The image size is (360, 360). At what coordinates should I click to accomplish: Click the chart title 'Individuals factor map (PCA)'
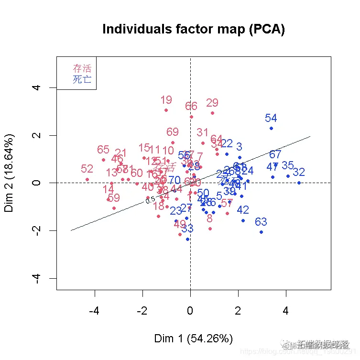(194, 30)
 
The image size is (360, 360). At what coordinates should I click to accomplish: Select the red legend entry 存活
(82, 68)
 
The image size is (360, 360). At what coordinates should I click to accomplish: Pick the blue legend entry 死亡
(82, 79)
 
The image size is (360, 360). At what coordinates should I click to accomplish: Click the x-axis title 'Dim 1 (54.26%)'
(194, 339)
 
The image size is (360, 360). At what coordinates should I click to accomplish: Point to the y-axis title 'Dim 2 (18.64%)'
(11, 173)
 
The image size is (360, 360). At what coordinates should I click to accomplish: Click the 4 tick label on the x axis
(286, 312)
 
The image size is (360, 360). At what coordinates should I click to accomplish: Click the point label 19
(166, 100)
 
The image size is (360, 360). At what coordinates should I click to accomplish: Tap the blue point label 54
(271, 118)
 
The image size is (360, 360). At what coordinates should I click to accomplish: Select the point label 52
(87, 169)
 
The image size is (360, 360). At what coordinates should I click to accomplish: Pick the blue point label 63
(261, 222)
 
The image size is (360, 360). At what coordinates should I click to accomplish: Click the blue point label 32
(299, 172)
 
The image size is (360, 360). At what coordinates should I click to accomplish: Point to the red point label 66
(191, 106)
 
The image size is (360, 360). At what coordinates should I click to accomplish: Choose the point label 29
(212, 103)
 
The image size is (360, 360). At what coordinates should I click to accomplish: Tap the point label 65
(103, 150)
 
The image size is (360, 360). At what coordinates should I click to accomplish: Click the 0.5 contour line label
(150, 201)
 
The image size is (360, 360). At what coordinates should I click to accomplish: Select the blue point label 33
(187, 229)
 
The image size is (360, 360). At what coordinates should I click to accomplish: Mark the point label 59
(114, 198)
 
